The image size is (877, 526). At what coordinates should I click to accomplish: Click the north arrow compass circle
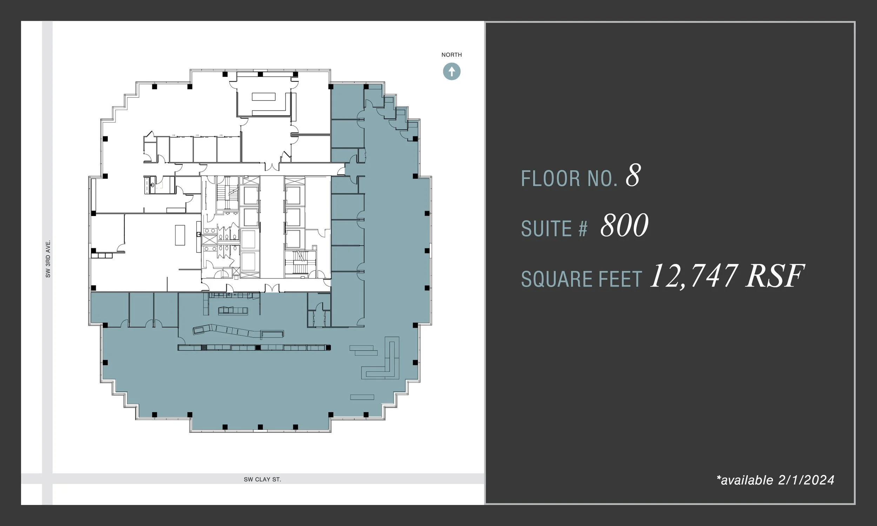point(451,72)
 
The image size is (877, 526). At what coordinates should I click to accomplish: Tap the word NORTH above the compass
point(451,55)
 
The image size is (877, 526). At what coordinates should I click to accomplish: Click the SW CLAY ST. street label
point(262,479)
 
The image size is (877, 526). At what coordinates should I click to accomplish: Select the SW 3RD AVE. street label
point(48,259)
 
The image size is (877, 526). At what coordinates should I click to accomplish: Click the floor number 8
point(633,176)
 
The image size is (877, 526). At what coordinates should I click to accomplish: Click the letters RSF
point(775,276)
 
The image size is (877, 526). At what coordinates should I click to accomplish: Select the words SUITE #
point(554,229)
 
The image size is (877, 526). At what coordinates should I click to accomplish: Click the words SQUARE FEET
point(581,279)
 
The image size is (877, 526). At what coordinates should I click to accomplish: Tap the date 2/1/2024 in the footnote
point(806,480)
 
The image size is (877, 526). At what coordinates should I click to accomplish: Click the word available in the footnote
point(747,480)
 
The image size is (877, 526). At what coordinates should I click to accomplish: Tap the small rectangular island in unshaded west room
point(180,235)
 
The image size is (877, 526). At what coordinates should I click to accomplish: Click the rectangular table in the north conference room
point(263,96)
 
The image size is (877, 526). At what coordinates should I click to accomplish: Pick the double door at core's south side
point(272,288)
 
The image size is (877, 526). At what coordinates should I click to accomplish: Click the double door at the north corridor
point(272,166)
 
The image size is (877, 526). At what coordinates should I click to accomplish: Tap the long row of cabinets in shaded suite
point(254,348)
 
